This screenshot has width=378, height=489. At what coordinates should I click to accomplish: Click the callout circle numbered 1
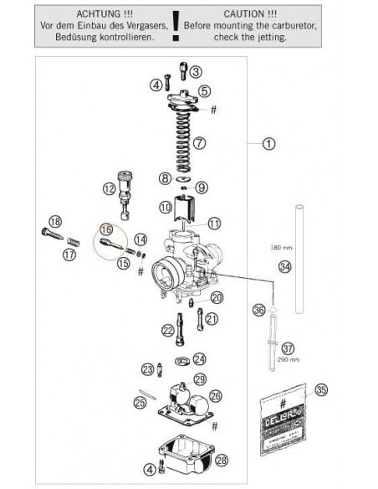pos(268,143)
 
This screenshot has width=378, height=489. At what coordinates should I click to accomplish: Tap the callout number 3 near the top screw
pos(195,72)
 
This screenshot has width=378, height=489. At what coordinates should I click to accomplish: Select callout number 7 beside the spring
pos(199,143)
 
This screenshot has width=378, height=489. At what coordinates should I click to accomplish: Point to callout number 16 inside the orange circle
pos(105,229)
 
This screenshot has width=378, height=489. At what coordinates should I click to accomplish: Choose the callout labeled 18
pos(55,221)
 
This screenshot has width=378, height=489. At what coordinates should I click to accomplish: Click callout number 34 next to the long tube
pos(285,267)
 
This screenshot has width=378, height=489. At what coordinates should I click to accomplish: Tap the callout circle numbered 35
pos(320,389)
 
